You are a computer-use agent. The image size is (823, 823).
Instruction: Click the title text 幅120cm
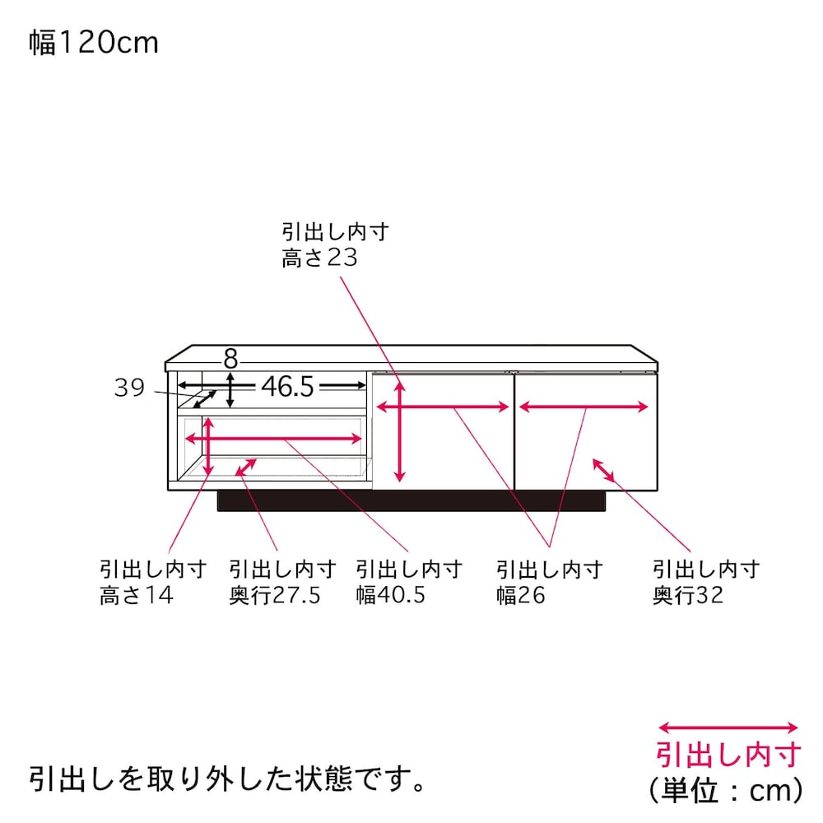(94, 43)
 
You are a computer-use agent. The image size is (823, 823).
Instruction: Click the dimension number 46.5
(287, 387)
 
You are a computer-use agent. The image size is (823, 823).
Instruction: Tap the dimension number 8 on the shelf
(230, 360)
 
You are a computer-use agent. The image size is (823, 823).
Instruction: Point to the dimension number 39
(129, 388)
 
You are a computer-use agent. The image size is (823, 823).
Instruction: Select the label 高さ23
(319, 258)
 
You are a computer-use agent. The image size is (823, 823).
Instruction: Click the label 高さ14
(137, 595)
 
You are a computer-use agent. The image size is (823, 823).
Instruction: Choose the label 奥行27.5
(275, 595)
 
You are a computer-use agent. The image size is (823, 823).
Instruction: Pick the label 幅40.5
(390, 595)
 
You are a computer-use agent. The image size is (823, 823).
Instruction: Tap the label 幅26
(521, 595)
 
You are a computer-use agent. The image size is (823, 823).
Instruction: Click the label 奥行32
(687, 595)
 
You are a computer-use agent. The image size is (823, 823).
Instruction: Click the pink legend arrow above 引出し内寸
(728, 728)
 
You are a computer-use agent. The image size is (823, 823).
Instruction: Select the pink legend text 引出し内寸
(728, 755)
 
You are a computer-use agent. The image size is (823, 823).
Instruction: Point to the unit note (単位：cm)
(727, 790)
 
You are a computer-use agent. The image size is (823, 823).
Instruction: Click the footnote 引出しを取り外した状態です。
(227, 779)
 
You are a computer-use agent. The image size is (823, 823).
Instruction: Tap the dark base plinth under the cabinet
(411, 500)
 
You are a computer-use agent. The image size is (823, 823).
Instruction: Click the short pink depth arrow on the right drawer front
(603, 470)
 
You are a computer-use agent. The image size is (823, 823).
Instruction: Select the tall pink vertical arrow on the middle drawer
(400, 431)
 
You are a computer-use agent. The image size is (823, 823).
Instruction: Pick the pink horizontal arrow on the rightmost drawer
(584, 407)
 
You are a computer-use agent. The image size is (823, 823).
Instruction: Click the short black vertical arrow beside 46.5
(230, 390)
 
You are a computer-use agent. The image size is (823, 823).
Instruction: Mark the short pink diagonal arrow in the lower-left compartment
(245, 467)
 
